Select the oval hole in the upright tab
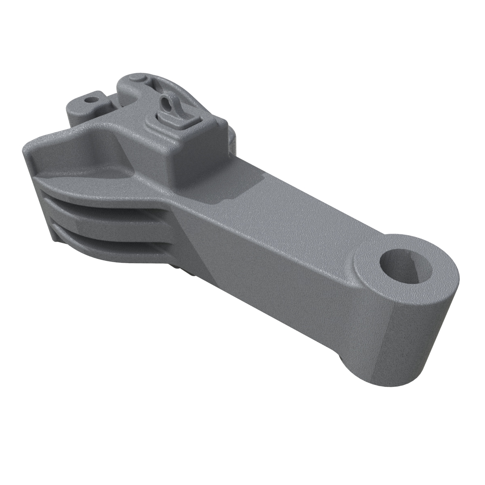pos(165,103)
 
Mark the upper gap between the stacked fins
pos(109,202)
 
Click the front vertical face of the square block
pos(190,162)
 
